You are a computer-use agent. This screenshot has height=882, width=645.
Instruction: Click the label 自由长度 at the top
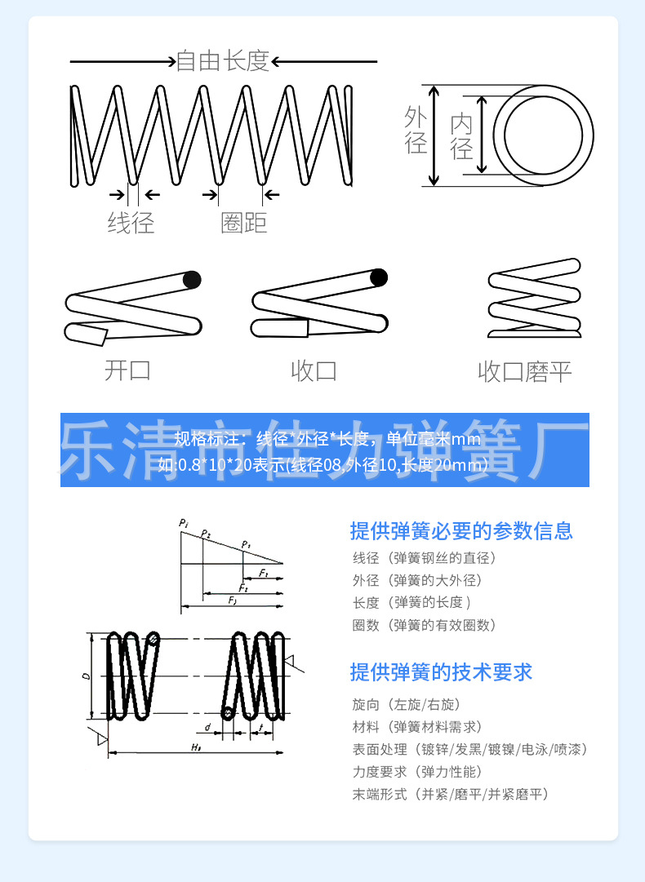pyautogui.click(x=223, y=61)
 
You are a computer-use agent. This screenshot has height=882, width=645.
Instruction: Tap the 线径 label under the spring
pyautogui.click(x=131, y=222)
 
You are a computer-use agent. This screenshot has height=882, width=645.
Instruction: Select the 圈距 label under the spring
pyautogui.click(x=243, y=222)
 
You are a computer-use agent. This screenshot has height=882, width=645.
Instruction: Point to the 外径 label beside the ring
pyautogui.click(x=416, y=131)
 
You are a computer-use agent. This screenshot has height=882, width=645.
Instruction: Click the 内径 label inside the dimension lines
pyautogui.click(x=462, y=136)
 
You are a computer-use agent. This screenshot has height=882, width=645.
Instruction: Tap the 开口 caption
pyautogui.click(x=128, y=370)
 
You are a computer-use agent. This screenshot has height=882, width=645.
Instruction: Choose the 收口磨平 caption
pyautogui.click(x=524, y=373)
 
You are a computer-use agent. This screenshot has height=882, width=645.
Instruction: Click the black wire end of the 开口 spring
pyautogui.click(x=191, y=280)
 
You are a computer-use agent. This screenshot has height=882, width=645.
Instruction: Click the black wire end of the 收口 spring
pyautogui.click(x=378, y=277)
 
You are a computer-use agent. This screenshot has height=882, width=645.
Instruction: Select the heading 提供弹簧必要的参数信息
pyautogui.click(x=461, y=531)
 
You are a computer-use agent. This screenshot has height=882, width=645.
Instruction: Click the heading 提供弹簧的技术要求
pyautogui.click(x=441, y=672)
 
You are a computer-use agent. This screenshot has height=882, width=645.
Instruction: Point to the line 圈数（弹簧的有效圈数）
pyautogui.click(x=424, y=626)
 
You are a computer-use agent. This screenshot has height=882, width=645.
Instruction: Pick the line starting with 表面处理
pyautogui.click(x=469, y=749)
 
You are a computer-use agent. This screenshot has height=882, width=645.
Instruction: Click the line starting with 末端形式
pyautogui.click(x=450, y=794)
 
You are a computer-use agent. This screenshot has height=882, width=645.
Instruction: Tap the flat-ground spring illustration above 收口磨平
pyautogui.click(x=535, y=298)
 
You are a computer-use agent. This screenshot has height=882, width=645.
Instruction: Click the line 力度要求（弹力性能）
pyautogui.click(x=417, y=772)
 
